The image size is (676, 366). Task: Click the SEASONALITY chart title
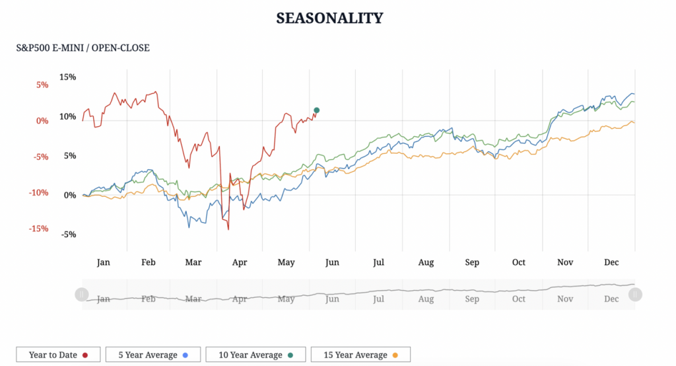329,18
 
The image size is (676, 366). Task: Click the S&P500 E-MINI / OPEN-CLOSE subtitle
83,48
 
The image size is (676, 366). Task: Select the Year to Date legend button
58,355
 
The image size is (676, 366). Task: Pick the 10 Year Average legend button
255,355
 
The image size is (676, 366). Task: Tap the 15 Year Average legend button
360,355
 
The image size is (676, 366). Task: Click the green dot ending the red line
317,110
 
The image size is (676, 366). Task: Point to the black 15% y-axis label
68,77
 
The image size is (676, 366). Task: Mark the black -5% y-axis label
69,234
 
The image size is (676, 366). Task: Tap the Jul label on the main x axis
378,262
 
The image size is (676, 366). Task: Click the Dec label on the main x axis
612,262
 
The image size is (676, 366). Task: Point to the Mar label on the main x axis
193,262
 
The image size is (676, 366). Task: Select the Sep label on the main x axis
472,262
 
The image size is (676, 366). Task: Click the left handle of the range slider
81,294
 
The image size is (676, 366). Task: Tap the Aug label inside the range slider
426,299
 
